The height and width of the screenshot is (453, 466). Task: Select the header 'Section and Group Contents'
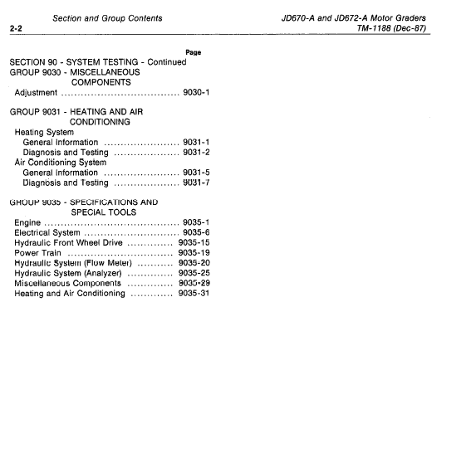106,17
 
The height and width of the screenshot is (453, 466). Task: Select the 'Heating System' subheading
44,132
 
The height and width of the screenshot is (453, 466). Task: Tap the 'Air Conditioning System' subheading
61,163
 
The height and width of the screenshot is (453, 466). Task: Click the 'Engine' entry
28,222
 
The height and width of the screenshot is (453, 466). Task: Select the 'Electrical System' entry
47,233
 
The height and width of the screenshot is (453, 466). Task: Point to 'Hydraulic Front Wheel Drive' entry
69,243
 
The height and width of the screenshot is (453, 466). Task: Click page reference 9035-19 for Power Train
194,253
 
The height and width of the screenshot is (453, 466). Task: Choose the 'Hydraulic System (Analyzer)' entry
68,273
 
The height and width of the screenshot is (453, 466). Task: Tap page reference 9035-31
194,294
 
